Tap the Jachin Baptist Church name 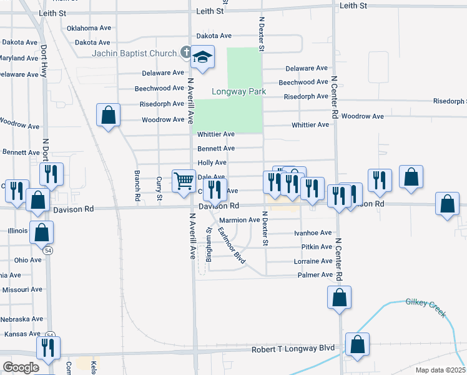[x=134, y=53]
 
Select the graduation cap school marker [x=202, y=57]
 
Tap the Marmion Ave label [x=239, y=220]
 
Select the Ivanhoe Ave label [x=313, y=232]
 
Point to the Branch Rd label [x=137, y=185]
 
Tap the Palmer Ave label [x=315, y=275]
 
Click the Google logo [x=21, y=367]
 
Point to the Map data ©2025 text [x=440, y=370]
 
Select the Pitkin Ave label [x=317, y=247]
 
